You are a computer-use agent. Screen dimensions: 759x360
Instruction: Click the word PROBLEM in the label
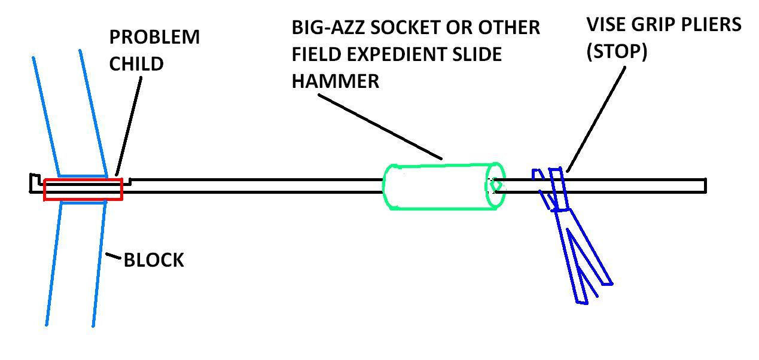[x=154, y=37]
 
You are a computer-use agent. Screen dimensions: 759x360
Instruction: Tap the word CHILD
[x=136, y=63]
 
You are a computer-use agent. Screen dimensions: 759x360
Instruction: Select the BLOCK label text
[x=154, y=260]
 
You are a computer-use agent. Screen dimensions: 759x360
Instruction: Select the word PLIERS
[x=711, y=25]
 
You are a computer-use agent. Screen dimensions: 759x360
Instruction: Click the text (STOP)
[x=617, y=52]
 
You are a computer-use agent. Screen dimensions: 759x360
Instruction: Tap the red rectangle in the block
[x=83, y=189]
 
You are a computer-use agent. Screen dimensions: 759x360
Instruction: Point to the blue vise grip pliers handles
[x=583, y=257]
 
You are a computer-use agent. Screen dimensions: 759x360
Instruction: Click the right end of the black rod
[x=705, y=185]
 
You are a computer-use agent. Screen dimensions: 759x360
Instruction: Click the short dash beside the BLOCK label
[x=113, y=258]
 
